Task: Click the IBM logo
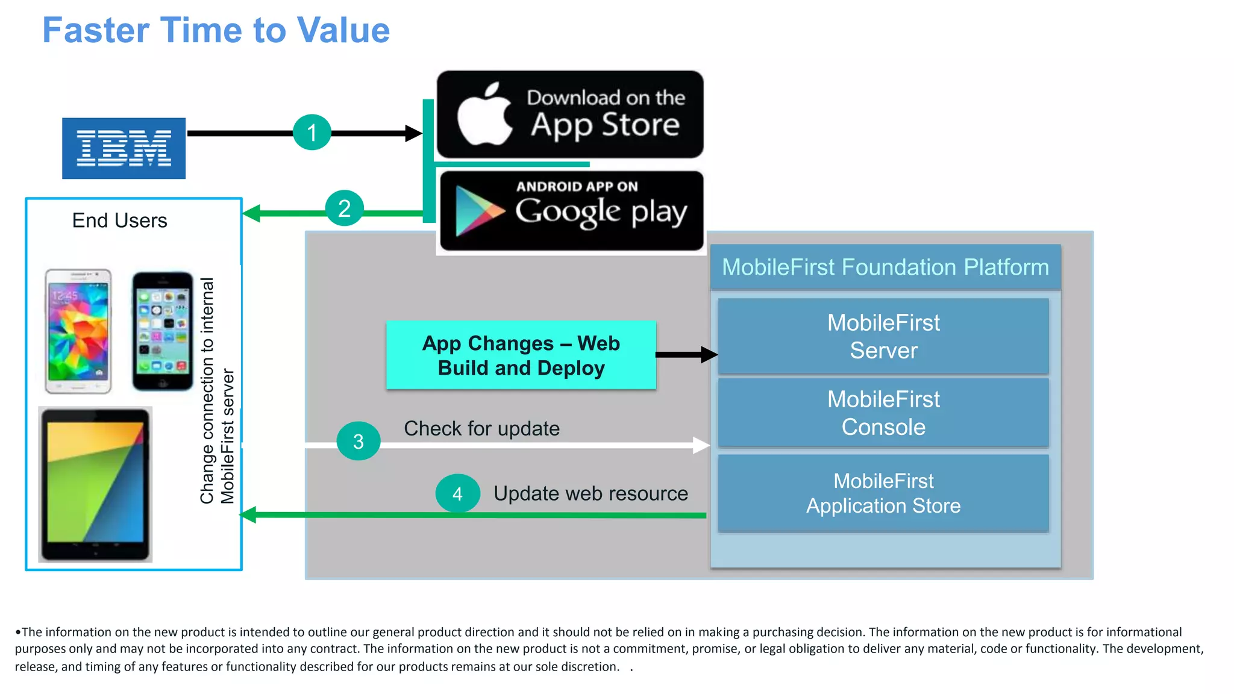point(124,148)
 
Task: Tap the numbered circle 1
point(312,132)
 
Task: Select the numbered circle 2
point(344,208)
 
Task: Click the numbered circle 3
point(359,441)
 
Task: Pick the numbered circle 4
point(457,493)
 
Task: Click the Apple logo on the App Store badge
point(484,115)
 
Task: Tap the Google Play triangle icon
point(478,211)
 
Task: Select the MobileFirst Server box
point(883,336)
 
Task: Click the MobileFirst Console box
point(883,413)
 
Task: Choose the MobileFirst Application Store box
point(883,493)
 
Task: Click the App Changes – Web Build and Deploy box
point(521,355)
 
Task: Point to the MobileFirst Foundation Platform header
point(885,267)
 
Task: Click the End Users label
point(119,220)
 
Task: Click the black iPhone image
point(163,331)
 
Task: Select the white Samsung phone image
point(79,331)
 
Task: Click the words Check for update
point(481,428)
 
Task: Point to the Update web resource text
point(590,493)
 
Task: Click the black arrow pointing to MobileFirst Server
point(687,354)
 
